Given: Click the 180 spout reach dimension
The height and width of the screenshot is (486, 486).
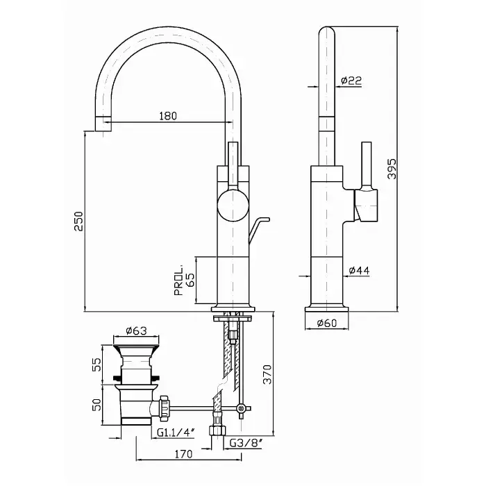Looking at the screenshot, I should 168,116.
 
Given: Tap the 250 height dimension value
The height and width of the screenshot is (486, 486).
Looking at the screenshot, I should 78,221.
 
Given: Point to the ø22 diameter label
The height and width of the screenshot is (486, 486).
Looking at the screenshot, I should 352,81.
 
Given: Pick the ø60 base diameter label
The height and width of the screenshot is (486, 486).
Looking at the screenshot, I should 326,322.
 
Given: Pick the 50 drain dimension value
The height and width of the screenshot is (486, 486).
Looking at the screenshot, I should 98,403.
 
